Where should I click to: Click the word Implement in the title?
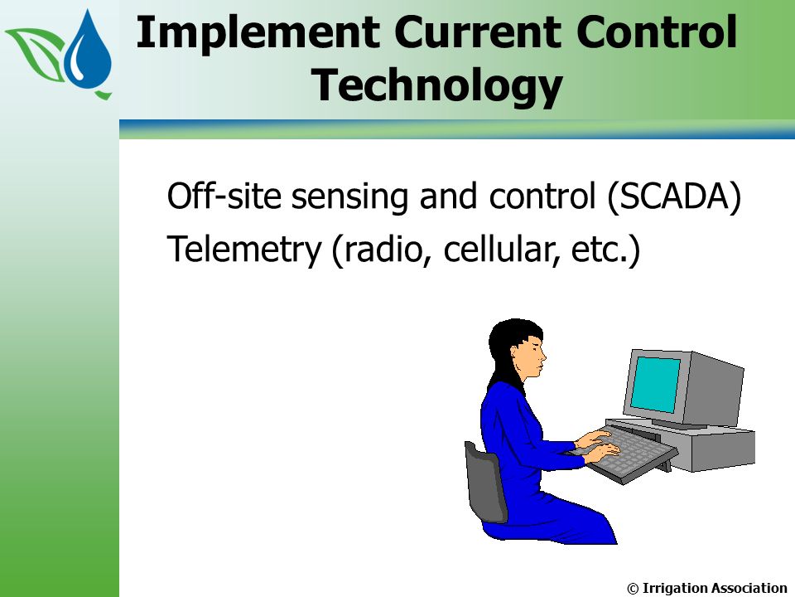[258, 32]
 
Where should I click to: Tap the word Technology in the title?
[437, 85]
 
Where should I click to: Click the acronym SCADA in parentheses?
[674, 196]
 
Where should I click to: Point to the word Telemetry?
[244, 250]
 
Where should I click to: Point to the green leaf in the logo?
[36, 51]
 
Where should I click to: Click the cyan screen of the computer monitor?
[657, 384]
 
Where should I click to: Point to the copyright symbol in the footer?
[633, 589]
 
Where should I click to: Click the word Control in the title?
[657, 32]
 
